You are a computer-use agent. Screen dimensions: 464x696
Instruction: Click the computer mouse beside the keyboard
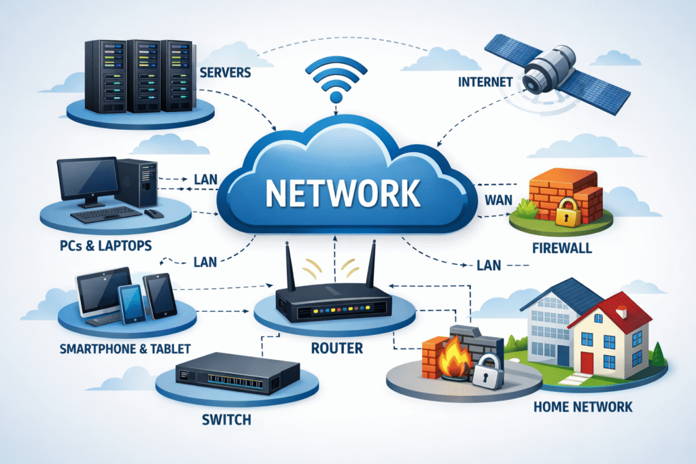pyautogui.click(x=154, y=213)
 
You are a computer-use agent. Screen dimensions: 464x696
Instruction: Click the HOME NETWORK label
pyautogui.click(x=584, y=407)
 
